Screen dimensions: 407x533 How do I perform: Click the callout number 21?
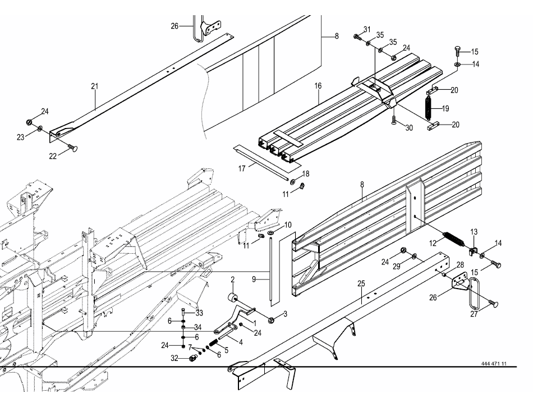coord(94,86)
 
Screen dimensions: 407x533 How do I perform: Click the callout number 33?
coord(200,312)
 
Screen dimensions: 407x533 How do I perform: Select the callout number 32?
coord(175,358)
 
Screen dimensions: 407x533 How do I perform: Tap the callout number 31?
coord(367,29)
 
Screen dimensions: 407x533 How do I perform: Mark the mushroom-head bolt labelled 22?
coord(73,147)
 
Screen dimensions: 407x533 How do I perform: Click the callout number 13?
coord(474,231)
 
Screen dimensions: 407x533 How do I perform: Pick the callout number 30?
coord(409,128)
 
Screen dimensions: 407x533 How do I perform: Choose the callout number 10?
coord(288,225)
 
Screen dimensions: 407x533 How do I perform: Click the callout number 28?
coord(460,265)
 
